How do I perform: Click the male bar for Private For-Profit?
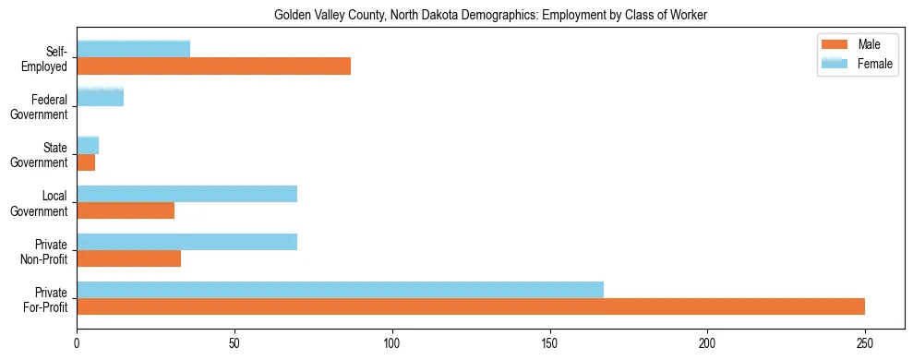pos(471,306)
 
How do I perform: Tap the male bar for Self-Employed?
pos(213,66)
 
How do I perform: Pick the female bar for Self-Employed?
pos(133,49)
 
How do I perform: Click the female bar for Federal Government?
pos(100,97)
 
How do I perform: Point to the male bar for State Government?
pos(86,162)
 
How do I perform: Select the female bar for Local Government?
pos(186,193)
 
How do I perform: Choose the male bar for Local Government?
pos(126,210)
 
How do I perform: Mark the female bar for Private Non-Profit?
pos(186,242)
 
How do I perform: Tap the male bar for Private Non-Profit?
pos(128,258)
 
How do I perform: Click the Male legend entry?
pos(857,44)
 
